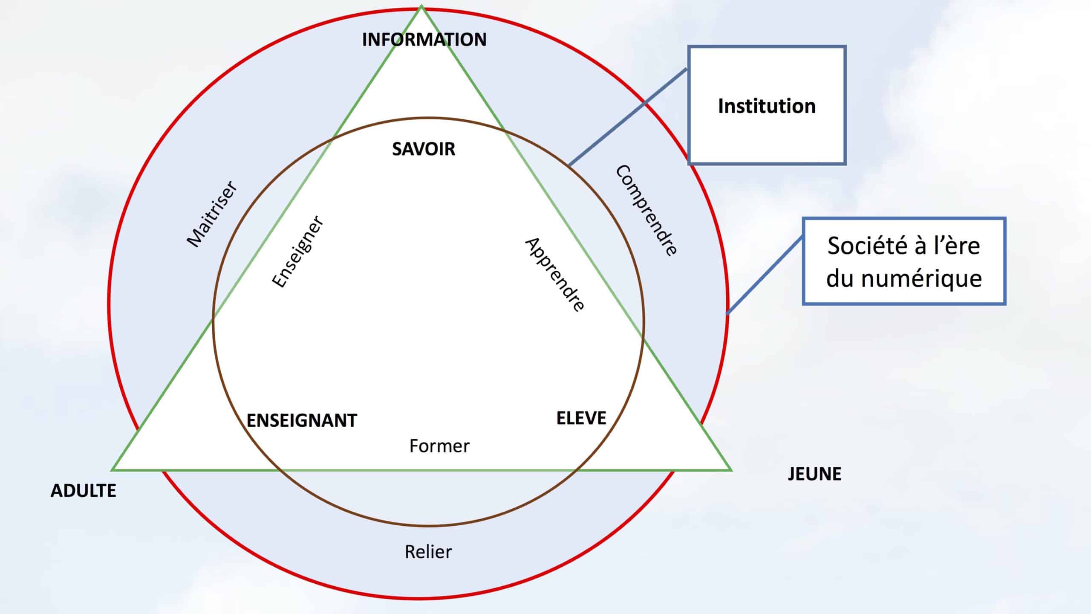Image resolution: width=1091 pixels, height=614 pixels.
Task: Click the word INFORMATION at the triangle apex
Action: pyautogui.click(x=424, y=40)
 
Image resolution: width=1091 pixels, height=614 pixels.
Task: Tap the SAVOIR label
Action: pyautogui.click(x=424, y=149)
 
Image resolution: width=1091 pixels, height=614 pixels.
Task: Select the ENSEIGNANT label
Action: pyautogui.click(x=302, y=421)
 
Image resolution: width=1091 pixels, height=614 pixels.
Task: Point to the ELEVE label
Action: pyautogui.click(x=581, y=418)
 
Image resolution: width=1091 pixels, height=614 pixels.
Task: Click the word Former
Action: pyautogui.click(x=439, y=446)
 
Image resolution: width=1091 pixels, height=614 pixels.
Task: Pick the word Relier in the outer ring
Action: pyautogui.click(x=428, y=552)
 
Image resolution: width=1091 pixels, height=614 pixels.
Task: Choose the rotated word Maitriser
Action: pyautogui.click(x=212, y=214)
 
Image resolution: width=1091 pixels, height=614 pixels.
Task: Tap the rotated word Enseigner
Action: pyautogui.click(x=298, y=252)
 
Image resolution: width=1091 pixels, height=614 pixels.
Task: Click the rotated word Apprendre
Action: pyautogui.click(x=554, y=275)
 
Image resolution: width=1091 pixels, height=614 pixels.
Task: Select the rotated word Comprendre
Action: pyautogui.click(x=646, y=210)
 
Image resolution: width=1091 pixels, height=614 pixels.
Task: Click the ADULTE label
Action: pyautogui.click(x=84, y=491)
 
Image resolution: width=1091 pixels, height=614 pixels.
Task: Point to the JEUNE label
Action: pyautogui.click(x=814, y=474)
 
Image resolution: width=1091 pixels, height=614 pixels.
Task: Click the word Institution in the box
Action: pyautogui.click(x=767, y=106)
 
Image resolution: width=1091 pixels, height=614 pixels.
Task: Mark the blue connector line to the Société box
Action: pyautogui.click(x=765, y=275)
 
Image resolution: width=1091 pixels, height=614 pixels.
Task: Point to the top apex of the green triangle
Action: pyautogui.click(x=421, y=6)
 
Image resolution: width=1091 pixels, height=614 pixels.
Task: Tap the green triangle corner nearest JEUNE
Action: pyautogui.click(x=730, y=469)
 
